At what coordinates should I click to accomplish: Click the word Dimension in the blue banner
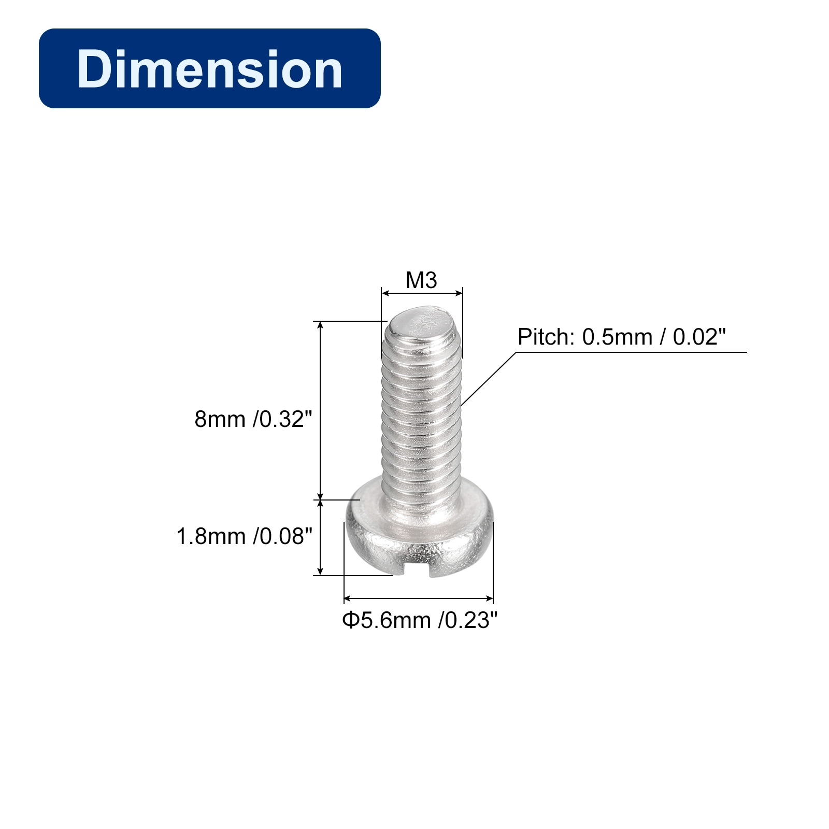(x=210, y=69)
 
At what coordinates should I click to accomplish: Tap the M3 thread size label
(x=421, y=280)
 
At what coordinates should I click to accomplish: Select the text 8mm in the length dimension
(x=220, y=419)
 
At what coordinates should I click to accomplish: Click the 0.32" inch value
(x=283, y=419)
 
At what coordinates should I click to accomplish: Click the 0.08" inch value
(x=283, y=536)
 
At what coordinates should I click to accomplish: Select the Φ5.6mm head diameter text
(x=387, y=620)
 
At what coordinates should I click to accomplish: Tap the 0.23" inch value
(x=468, y=620)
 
